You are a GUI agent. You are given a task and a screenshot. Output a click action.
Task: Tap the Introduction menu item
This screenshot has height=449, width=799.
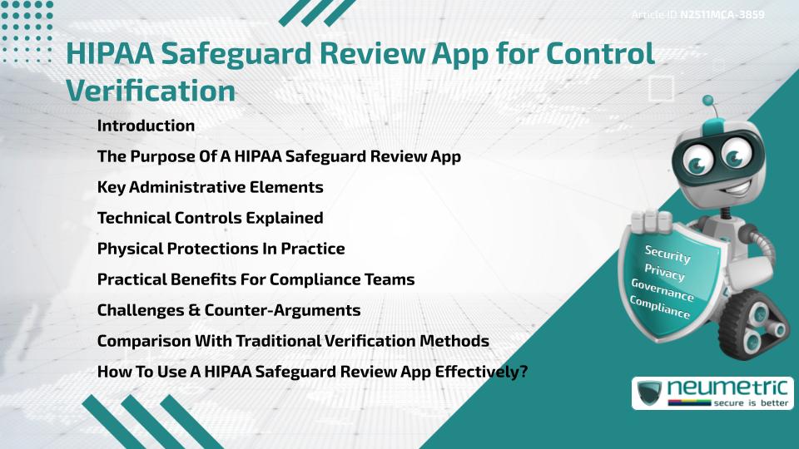(x=146, y=126)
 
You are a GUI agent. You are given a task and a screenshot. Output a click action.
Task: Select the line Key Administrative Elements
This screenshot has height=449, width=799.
(x=210, y=187)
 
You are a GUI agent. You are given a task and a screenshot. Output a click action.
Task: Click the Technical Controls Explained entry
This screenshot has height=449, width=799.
(x=210, y=218)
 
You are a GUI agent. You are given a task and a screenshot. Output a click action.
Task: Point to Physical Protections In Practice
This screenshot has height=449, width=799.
(x=221, y=249)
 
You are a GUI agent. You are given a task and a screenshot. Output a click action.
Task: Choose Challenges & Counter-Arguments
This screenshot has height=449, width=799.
(x=229, y=310)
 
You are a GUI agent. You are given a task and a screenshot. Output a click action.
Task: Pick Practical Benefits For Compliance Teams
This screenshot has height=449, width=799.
(x=256, y=279)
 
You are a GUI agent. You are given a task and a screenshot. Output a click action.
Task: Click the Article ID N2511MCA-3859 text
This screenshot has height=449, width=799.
(x=698, y=15)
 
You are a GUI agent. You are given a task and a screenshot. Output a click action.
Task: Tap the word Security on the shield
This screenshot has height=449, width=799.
(x=667, y=254)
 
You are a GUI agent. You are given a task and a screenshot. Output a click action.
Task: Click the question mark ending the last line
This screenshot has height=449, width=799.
(x=524, y=372)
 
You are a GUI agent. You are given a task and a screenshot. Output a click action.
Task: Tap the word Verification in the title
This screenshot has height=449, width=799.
(x=150, y=91)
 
